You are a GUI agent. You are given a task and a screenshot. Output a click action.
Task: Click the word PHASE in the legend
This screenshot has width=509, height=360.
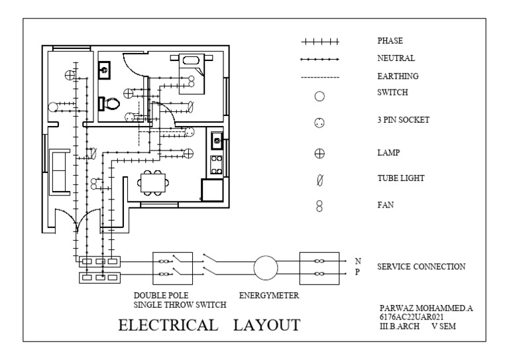(x=390, y=41)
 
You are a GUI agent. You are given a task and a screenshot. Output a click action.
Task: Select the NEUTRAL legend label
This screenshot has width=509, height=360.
(x=396, y=58)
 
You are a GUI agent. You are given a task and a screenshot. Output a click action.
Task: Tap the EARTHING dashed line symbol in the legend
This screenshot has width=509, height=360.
(x=319, y=78)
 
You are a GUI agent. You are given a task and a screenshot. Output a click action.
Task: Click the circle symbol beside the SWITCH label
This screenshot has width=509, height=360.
(x=319, y=96)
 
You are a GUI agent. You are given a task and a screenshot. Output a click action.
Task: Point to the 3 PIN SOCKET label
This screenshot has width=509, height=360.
(x=404, y=120)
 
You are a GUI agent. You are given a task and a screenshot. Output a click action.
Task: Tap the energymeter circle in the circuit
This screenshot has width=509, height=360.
(x=266, y=268)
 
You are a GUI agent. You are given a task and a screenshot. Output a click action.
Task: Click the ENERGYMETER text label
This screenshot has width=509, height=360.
(x=268, y=296)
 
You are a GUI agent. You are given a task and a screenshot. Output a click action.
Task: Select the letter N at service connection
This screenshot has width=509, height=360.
(x=358, y=261)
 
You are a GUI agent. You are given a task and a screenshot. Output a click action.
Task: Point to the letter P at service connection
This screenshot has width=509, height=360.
(x=358, y=272)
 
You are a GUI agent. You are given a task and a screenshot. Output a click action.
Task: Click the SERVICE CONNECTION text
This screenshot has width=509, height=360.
(x=421, y=267)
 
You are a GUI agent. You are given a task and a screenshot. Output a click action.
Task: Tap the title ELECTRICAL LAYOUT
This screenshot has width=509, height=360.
(x=209, y=326)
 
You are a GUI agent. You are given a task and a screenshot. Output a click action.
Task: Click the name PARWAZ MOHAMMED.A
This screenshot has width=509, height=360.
(x=420, y=309)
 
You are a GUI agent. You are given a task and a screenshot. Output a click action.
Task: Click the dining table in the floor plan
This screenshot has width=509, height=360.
(x=152, y=181)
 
